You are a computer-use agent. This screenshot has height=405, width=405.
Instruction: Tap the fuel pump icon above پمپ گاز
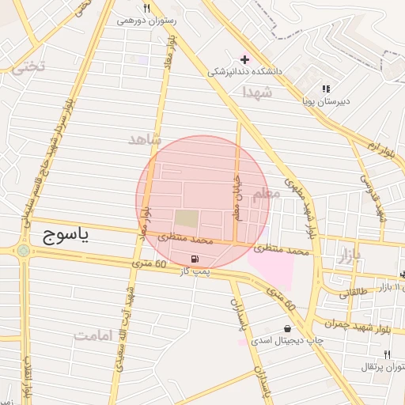click(195, 259)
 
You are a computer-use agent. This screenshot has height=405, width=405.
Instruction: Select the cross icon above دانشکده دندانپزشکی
click(244, 59)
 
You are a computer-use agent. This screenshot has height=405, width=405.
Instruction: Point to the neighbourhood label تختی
click(28, 67)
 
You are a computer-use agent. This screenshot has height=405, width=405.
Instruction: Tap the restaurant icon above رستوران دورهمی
click(146, 8)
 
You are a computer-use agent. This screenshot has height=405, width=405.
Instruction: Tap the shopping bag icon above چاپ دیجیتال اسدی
click(286, 328)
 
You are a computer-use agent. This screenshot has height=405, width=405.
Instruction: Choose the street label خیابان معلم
click(236, 197)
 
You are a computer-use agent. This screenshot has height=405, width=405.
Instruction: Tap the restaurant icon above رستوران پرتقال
click(387, 354)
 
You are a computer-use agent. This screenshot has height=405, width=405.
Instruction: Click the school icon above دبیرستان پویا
click(326, 89)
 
